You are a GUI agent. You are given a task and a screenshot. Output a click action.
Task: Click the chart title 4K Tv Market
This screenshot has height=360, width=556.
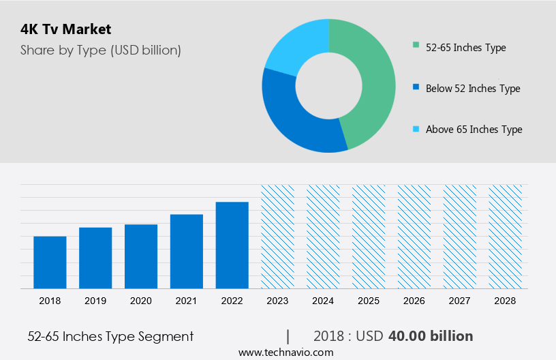point(65,29)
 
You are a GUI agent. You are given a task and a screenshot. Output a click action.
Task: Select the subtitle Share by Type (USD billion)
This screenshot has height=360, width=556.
point(100,50)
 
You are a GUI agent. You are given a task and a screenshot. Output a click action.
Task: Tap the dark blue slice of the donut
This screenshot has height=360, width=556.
point(293,116)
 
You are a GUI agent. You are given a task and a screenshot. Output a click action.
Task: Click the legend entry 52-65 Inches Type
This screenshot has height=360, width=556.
point(465,47)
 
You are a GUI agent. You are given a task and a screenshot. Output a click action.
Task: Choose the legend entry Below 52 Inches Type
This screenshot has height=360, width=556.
point(472,88)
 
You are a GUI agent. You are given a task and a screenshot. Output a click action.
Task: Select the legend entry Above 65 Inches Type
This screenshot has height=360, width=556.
point(474,129)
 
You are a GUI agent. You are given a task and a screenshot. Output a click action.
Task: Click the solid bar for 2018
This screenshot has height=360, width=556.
point(50,262)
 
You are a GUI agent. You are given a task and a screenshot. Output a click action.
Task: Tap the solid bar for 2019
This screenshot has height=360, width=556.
point(95,258)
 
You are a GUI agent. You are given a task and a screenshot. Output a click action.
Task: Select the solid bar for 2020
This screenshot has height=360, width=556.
point(141,256)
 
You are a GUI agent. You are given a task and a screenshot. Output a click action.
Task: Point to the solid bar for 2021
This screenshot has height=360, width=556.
point(187,251)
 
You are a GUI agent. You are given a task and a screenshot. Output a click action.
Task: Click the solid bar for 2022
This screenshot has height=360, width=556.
point(232,245)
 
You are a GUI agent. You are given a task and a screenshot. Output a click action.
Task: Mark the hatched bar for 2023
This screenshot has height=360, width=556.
point(278,236)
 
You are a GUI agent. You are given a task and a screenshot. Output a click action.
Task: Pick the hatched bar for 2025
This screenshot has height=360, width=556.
point(369,236)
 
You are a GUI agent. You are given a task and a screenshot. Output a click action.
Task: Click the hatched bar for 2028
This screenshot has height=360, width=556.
point(506,236)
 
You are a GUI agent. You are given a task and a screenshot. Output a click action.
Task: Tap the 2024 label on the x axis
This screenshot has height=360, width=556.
point(323,300)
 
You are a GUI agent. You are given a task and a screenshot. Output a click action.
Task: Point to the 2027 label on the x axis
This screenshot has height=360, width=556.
point(460,300)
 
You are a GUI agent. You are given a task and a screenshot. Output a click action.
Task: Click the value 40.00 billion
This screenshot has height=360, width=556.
point(430,336)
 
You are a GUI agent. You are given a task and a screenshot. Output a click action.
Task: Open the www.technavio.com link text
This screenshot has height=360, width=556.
point(285,352)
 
